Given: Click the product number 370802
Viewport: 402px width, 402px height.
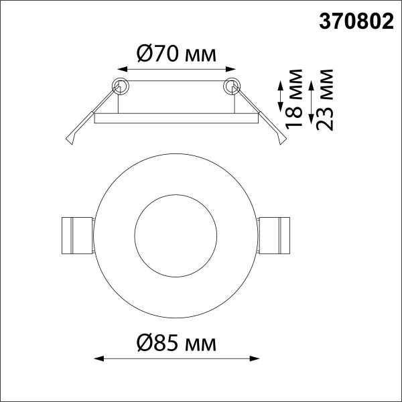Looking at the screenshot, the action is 356,21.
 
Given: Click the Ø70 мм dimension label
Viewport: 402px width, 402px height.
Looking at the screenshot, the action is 177,54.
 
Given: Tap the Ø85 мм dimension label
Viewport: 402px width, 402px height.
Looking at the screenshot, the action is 177,343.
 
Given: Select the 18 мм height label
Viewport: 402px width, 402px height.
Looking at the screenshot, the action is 293,98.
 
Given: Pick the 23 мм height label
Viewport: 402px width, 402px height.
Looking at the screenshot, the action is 324,100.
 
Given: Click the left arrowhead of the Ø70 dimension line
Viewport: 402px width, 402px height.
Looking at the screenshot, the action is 123,69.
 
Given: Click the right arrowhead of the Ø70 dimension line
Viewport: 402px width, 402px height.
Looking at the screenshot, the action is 230,69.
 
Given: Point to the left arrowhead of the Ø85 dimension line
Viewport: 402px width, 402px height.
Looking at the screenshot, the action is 99,358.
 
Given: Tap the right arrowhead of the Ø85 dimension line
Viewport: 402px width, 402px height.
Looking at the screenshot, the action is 255,358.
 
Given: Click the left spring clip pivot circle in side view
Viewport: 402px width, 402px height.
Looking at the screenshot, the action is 121,86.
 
